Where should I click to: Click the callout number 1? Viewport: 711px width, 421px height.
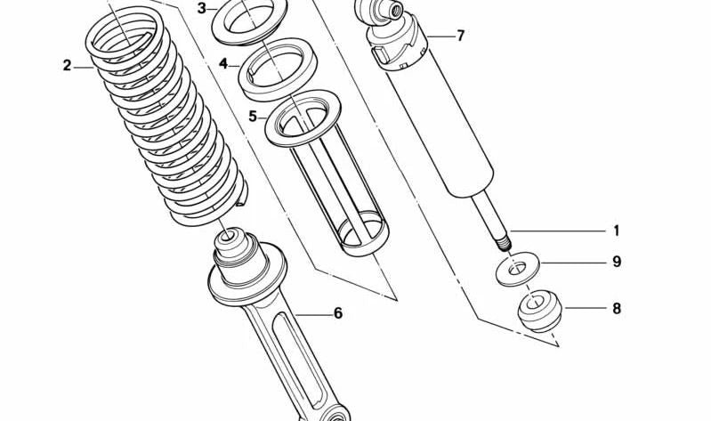pyautogui.click(x=616, y=231)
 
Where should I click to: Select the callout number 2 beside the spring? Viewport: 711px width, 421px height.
pyautogui.click(x=67, y=65)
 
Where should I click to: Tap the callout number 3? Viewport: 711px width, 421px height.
pyautogui.click(x=202, y=8)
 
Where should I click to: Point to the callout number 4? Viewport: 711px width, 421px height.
pyautogui.click(x=224, y=64)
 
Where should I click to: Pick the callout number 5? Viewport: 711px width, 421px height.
pyautogui.click(x=253, y=117)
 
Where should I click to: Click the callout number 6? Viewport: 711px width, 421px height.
pyautogui.click(x=337, y=313)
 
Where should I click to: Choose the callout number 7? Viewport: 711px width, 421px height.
pyautogui.click(x=460, y=36)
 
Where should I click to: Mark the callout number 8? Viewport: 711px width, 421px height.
pyautogui.click(x=616, y=309)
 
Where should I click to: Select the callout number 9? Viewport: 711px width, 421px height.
pyautogui.click(x=616, y=262)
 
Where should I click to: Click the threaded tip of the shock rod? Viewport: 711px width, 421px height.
pyautogui.click(x=504, y=240)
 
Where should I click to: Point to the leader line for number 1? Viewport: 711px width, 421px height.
pyautogui.click(x=561, y=231)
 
